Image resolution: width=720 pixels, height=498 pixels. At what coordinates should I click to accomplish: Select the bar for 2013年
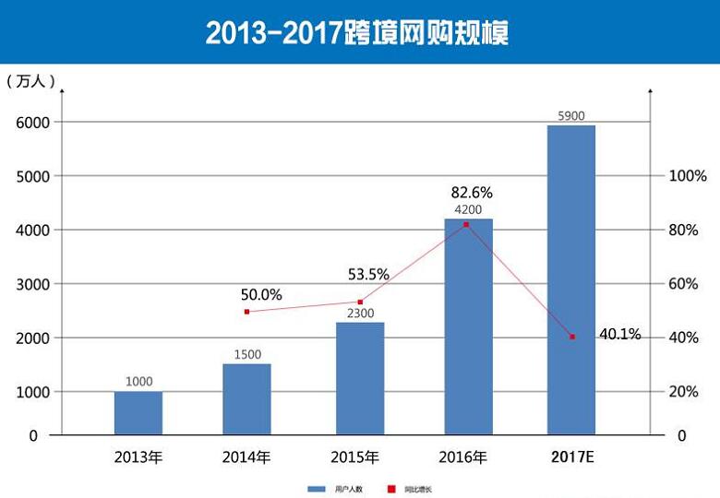pyautogui.click(x=138, y=412)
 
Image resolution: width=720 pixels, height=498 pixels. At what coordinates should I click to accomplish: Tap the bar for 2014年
pyautogui.click(x=246, y=398)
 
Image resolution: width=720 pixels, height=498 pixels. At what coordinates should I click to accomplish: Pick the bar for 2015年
pyautogui.click(x=360, y=378)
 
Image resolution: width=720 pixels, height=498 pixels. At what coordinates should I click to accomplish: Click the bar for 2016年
pyautogui.click(x=468, y=326)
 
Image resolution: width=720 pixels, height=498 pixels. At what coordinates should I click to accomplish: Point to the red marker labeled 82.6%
pyautogui.click(x=466, y=224)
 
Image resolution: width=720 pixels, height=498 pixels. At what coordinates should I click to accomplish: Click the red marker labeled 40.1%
pyautogui.click(x=572, y=337)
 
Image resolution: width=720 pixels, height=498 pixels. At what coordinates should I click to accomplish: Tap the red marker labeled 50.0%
pyautogui.click(x=246, y=312)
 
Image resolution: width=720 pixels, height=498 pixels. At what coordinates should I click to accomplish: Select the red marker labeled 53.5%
pyautogui.click(x=360, y=302)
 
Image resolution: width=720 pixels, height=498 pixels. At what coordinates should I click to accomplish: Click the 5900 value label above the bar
pyautogui.click(x=571, y=116)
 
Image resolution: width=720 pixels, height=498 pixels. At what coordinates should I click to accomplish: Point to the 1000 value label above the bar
pyautogui.click(x=138, y=381)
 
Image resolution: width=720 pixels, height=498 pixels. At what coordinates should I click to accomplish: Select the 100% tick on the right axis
pyautogui.click(x=688, y=175)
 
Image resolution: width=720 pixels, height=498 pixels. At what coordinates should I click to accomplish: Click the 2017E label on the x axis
pyautogui.click(x=572, y=456)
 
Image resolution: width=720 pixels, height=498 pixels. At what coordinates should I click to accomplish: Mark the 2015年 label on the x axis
pyautogui.click(x=355, y=456)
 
